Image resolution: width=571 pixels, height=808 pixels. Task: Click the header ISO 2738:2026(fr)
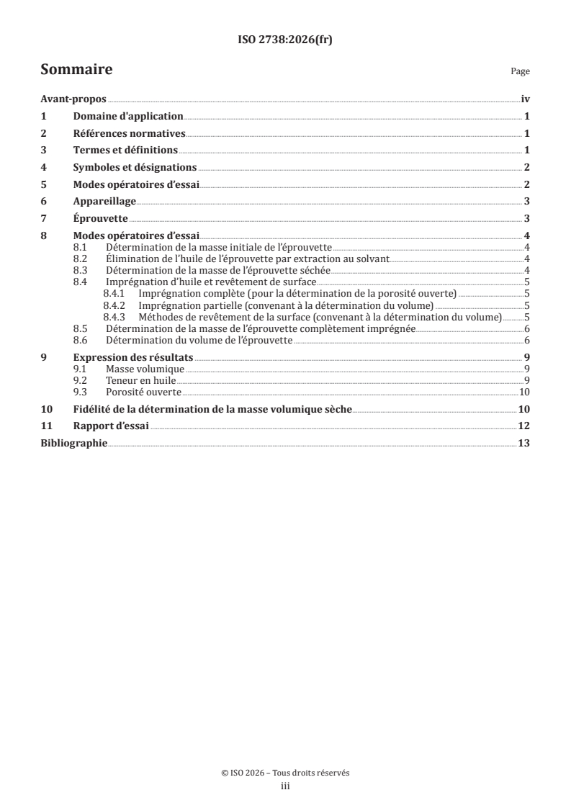285,40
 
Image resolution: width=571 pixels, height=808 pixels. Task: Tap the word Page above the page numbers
520,71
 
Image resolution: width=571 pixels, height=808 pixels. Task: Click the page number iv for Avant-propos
525,99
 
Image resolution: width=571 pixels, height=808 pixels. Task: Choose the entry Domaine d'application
128,116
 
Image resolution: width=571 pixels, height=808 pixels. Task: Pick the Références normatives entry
130,133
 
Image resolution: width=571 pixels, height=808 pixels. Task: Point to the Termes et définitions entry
125,151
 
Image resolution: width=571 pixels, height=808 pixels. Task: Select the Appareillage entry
105,201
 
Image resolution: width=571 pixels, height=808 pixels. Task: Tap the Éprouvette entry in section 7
101,218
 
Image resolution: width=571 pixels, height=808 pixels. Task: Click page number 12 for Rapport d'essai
524,426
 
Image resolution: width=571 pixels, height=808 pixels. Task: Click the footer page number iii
285,786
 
